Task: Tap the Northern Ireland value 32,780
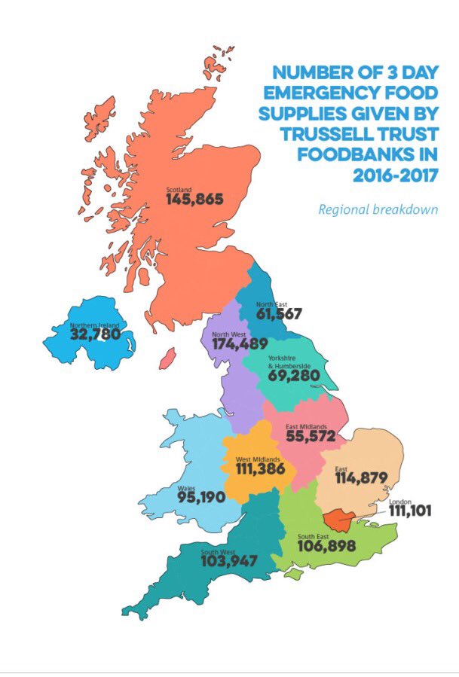tap(95, 334)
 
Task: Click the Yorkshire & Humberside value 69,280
tap(298, 374)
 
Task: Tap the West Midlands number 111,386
tap(256, 468)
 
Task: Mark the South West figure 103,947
tap(229, 561)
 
